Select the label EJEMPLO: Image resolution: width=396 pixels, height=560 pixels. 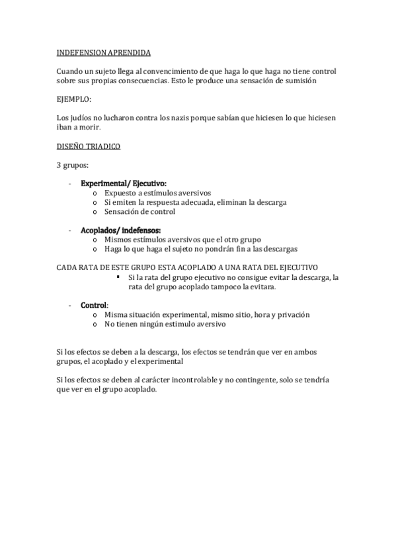75,99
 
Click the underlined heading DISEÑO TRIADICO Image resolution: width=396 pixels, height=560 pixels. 89,146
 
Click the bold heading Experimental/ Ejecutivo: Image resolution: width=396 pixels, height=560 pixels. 124,184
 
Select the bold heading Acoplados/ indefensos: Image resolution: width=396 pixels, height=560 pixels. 120,230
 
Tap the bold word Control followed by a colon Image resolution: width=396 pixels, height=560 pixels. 93,306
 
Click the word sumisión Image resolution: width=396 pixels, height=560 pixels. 301,81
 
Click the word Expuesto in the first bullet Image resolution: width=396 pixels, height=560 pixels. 120,193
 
